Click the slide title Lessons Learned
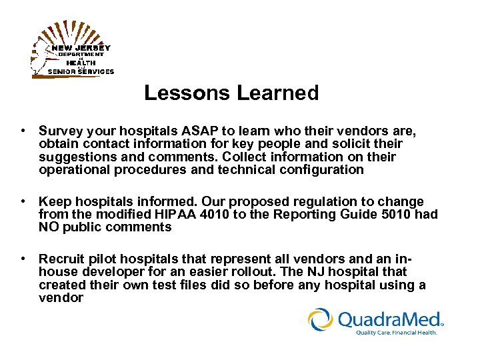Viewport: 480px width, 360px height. (x=231, y=93)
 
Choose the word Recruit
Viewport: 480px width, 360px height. (x=61, y=259)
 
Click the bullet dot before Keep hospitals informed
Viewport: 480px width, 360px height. (x=23, y=202)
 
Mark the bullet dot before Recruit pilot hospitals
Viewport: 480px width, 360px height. (x=23, y=259)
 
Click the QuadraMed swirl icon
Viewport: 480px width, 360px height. (x=321, y=319)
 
